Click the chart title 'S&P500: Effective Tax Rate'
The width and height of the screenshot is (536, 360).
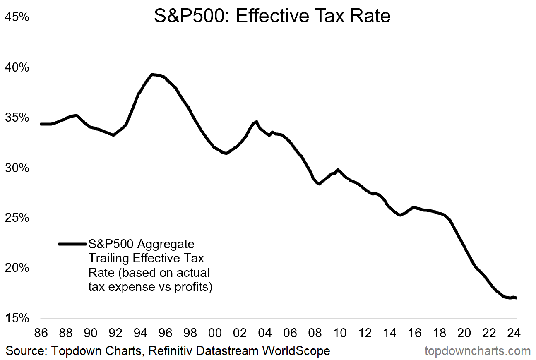272,16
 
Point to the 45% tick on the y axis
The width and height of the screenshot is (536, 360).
17,17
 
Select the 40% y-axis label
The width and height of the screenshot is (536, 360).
17,67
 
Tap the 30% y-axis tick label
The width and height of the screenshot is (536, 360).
17,168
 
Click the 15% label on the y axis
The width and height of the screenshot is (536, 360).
17,319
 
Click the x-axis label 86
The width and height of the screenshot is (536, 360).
41,333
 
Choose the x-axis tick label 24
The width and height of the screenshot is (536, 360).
514,333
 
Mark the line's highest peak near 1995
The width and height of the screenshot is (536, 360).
152,74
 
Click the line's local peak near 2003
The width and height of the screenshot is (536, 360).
256,122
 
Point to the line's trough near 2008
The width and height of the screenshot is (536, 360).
319,184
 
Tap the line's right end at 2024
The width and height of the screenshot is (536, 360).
516,298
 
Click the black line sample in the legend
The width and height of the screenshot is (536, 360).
72,244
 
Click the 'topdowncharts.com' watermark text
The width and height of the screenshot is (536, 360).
478,351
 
